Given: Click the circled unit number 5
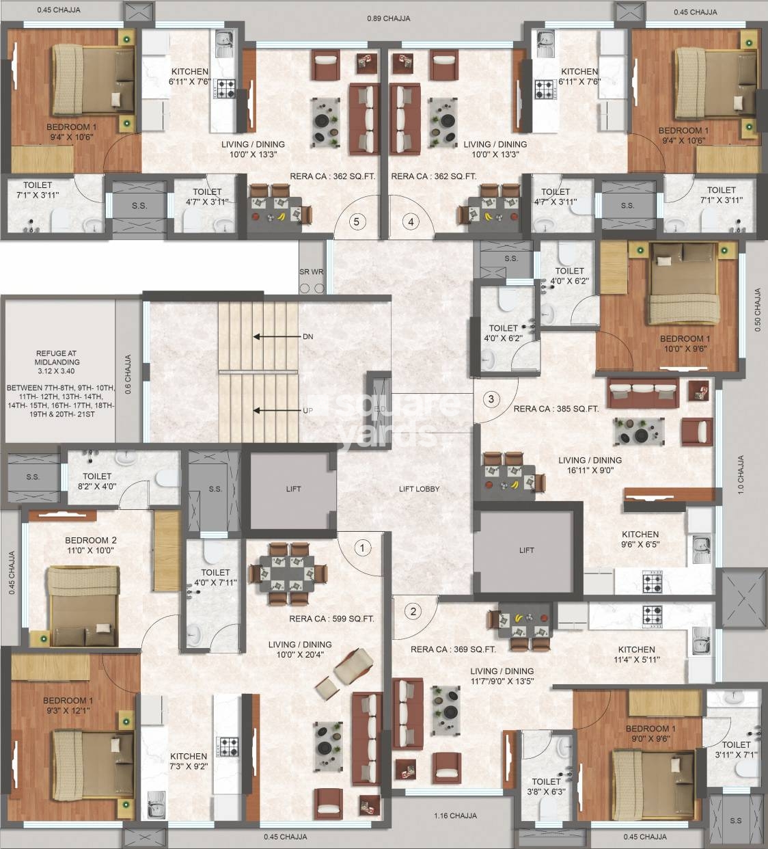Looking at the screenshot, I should (355, 221).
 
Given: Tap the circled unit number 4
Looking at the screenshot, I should (411, 221).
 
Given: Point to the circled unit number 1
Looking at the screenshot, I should (363, 547).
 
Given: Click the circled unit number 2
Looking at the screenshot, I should (413, 612).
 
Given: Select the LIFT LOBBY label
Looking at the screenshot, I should (419, 489).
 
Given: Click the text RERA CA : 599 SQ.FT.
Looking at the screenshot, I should (331, 619).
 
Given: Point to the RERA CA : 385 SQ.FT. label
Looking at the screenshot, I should (556, 409).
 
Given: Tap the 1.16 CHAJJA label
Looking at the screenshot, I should (455, 816).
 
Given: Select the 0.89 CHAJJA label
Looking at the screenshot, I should (388, 18).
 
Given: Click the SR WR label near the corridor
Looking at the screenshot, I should (311, 272).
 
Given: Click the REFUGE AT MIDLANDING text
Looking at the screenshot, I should (57, 358).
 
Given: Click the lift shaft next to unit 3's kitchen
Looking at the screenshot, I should (526, 550).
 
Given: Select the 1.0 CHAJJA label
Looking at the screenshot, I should (741, 474).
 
